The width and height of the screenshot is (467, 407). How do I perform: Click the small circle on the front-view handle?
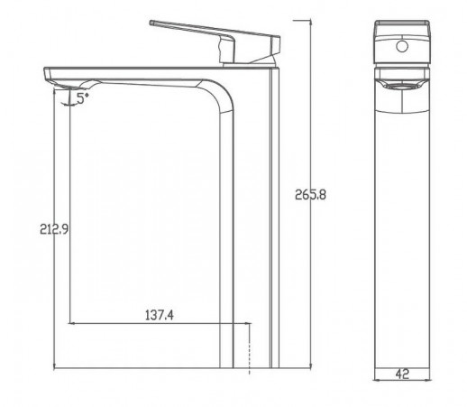pyautogui.click(x=399, y=41)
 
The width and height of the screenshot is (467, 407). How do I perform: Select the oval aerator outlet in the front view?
pyautogui.click(x=399, y=84)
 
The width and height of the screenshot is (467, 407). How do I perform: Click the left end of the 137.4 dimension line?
pyautogui.click(x=71, y=322)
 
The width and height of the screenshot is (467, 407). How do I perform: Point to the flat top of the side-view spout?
pyautogui.click(x=135, y=69)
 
